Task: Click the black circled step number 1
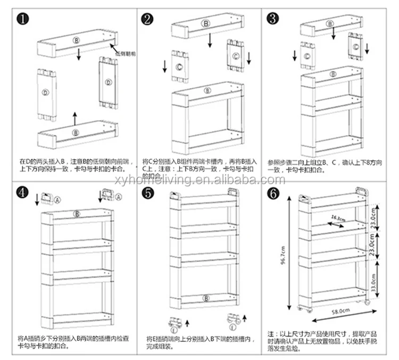click(22, 20)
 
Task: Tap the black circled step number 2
click(147, 20)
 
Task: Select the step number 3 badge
click(272, 20)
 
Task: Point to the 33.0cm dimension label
click(375, 280)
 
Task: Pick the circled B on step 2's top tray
click(205, 24)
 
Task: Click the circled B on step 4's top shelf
click(77, 214)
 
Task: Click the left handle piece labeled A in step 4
click(49, 198)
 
